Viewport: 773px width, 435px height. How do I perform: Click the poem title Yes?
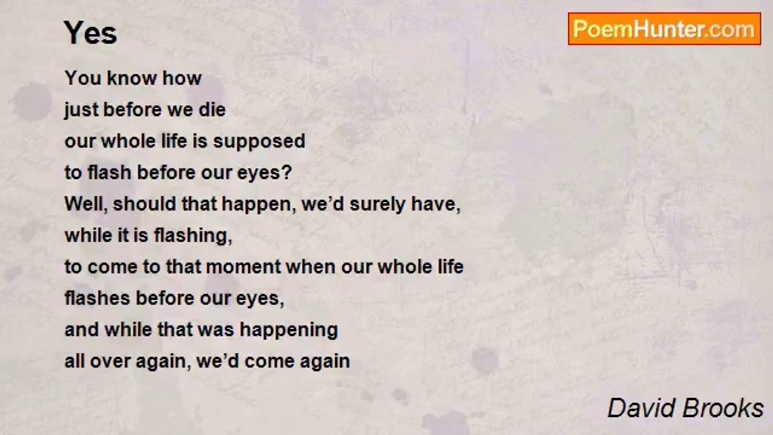tap(91, 33)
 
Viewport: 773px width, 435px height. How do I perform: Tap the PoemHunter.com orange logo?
tap(664, 29)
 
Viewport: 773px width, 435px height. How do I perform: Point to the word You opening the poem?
tap(82, 78)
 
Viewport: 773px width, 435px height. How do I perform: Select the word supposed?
tap(259, 141)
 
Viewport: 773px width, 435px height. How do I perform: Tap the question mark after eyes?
tap(287, 172)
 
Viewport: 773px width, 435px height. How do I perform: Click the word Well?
tap(86, 204)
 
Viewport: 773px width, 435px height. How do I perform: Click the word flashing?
tap(193, 236)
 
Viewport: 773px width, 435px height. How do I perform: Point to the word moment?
tap(243, 267)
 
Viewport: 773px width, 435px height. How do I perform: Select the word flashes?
tap(97, 298)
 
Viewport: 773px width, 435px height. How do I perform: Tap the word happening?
tap(289, 330)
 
